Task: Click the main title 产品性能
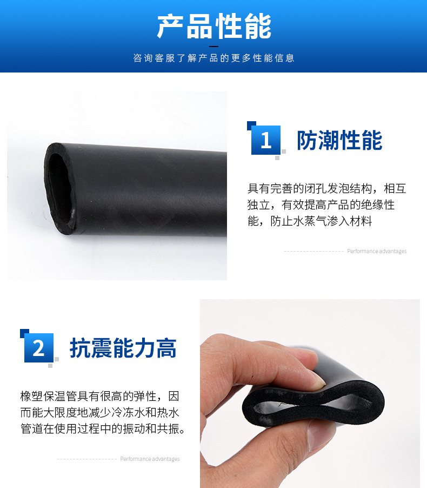point(214,27)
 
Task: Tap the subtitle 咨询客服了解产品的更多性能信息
point(214,58)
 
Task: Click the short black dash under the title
point(213,47)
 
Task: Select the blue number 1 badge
point(265,140)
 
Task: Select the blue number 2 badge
point(38,348)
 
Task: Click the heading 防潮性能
point(339,140)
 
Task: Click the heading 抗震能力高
point(123,348)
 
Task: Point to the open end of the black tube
point(60,188)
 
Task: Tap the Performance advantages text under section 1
point(377,251)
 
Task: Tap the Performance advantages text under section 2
point(150,459)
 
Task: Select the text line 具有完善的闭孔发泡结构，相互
point(327,189)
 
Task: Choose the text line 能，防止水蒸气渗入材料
point(310,221)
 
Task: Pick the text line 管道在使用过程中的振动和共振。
point(103,429)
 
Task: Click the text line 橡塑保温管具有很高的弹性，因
point(100,396)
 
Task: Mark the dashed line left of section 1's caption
point(313,252)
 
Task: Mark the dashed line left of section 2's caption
point(87,459)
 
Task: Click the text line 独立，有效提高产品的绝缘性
point(321,205)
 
